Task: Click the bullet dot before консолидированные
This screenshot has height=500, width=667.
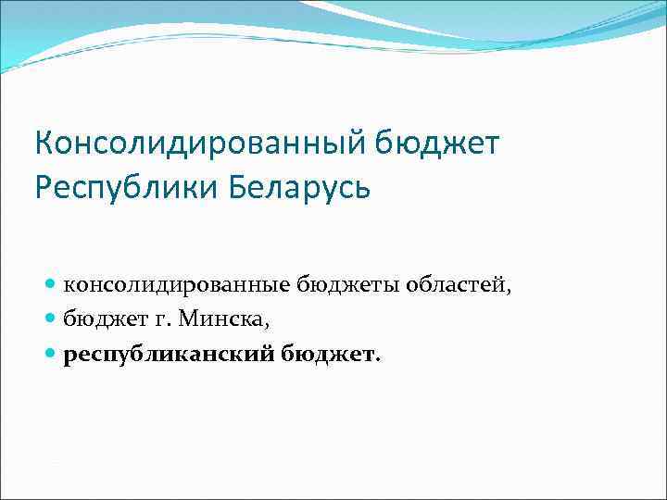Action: coord(51,285)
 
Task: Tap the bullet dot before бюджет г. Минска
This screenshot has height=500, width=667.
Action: coord(51,319)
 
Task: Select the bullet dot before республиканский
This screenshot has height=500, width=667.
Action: coord(51,354)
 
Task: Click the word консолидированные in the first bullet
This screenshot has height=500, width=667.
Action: coord(177,285)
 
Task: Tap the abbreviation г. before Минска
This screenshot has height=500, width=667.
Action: coord(157,319)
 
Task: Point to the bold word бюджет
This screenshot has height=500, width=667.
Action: coord(325,354)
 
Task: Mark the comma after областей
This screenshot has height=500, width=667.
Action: coord(508,291)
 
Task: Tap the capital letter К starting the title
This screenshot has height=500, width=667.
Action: coord(44,144)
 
